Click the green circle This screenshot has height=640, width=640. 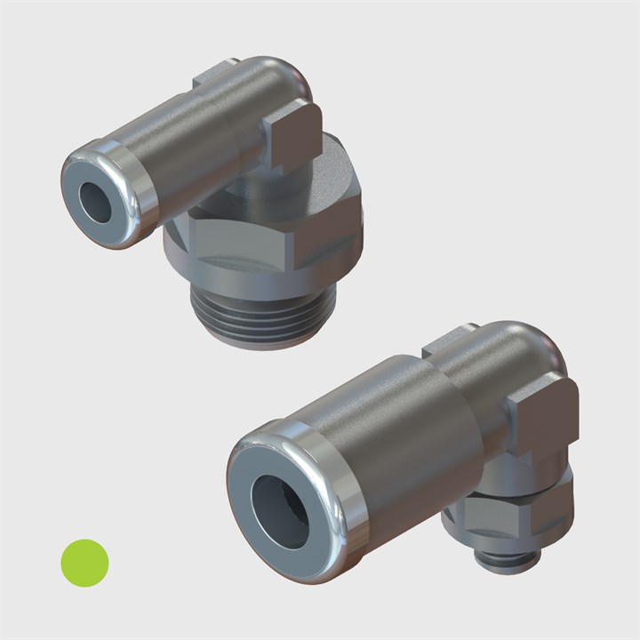point(84,562)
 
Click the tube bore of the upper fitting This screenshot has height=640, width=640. point(93,204)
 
